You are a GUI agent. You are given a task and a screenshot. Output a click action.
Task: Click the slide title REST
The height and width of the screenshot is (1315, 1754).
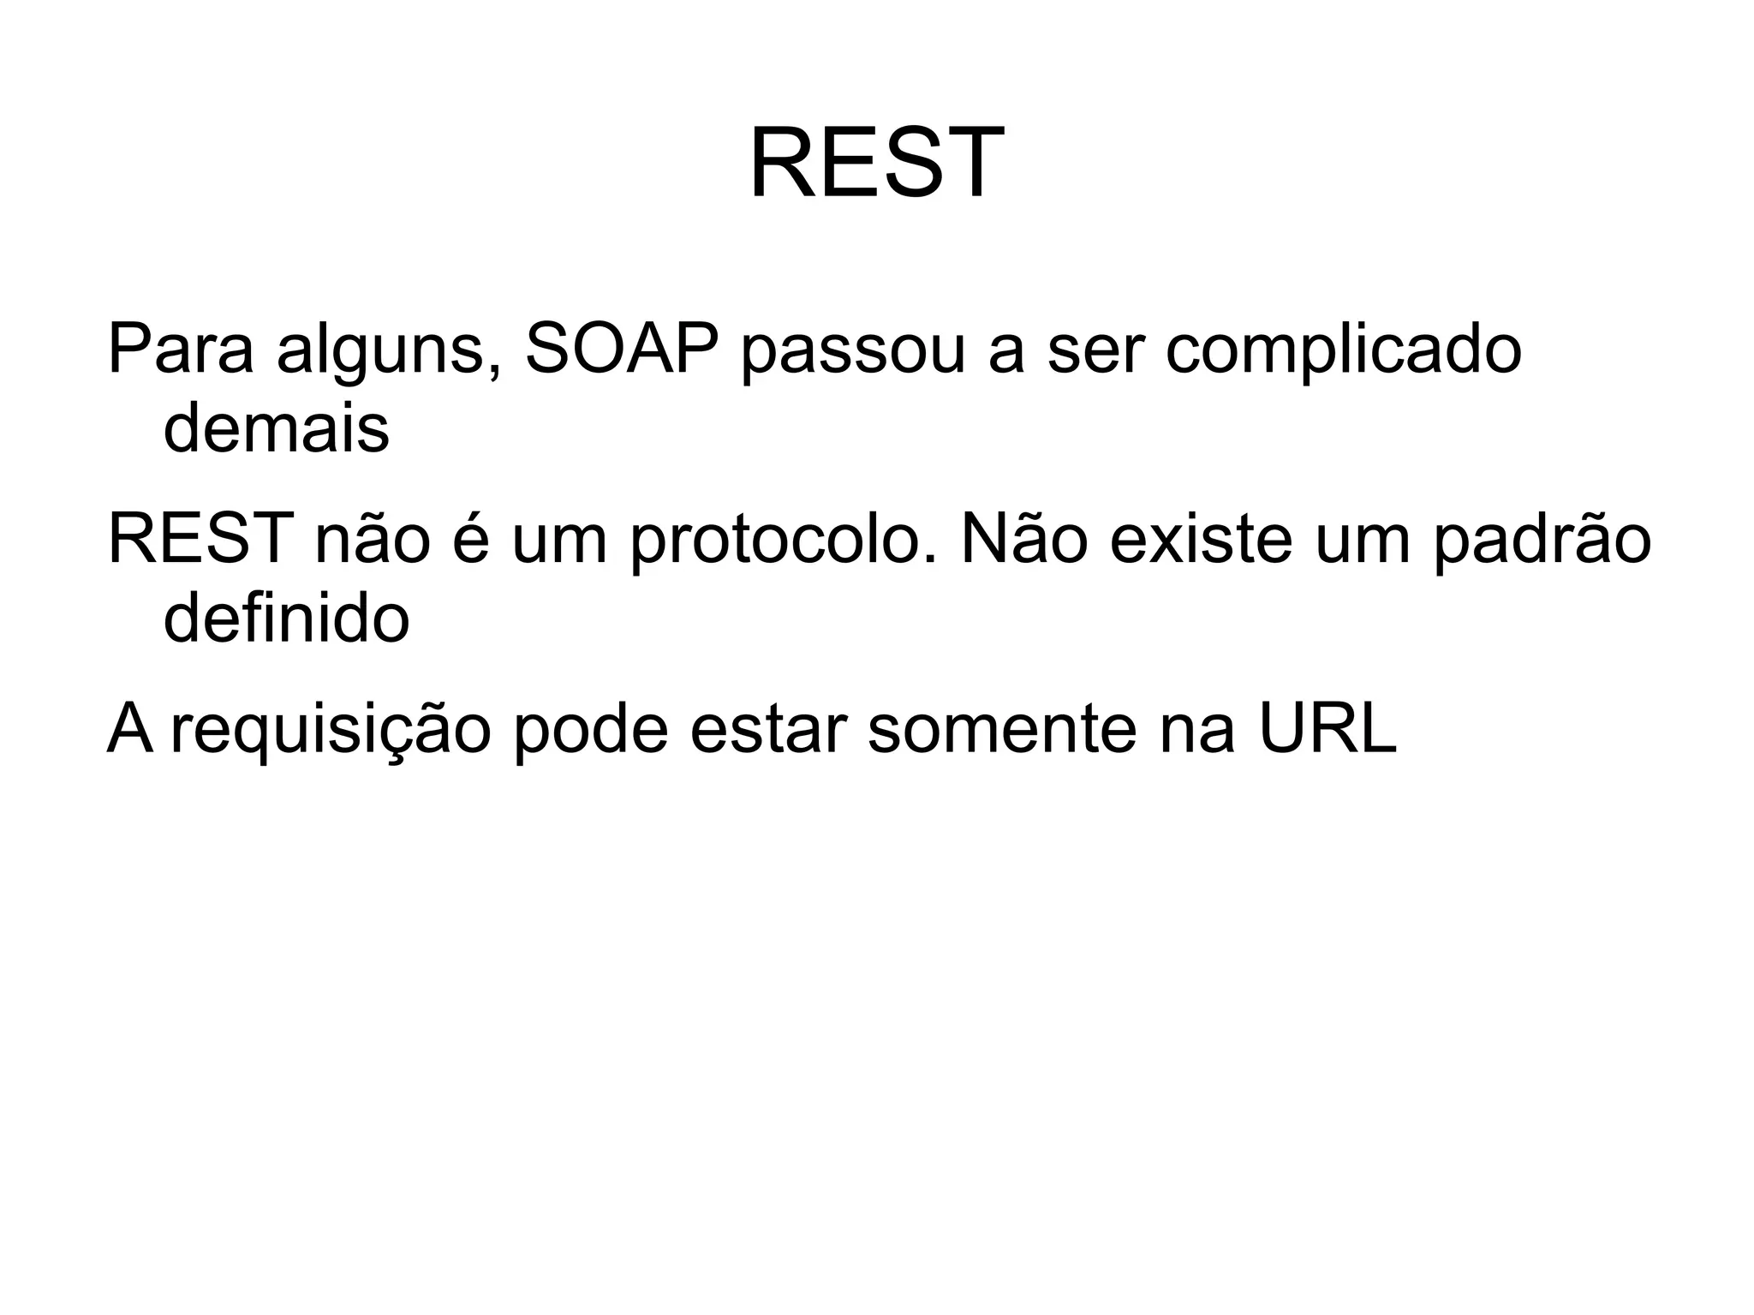pyautogui.click(x=876, y=164)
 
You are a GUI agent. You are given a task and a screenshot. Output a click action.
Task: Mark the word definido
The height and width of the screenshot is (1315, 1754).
pyautogui.click(x=286, y=618)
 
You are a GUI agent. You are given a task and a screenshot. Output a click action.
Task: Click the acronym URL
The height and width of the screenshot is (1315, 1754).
pyautogui.click(x=1327, y=728)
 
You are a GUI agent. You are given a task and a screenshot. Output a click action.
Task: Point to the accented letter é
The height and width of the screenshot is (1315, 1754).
pyautogui.click(x=469, y=540)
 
